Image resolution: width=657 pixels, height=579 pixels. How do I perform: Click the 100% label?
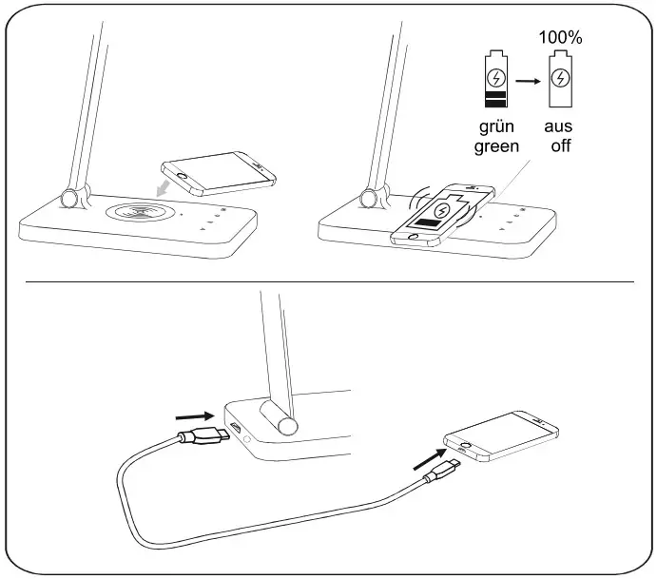pyautogui.click(x=560, y=38)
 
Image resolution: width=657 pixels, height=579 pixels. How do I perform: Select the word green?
pyautogui.click(x=497, y=146)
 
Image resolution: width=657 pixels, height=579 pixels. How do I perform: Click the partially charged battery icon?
pyautogui.click(x=496, y=83)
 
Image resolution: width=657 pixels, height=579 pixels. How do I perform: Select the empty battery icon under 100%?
pyautogui.click(x=561, y=83)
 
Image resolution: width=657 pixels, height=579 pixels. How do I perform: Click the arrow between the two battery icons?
pyautogui.click(x=529, y=82)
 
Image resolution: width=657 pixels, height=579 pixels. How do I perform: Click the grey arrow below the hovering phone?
pyautogui.click(x=167, y=186)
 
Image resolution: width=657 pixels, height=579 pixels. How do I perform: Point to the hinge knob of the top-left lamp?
pyautogui.click(x=69, y=198)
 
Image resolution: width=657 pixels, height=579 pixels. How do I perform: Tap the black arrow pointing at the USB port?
pyautogui.click(x=195, y=415)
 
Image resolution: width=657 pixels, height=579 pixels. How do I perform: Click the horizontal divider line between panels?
pyautogui.click(x=328, y=281)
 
